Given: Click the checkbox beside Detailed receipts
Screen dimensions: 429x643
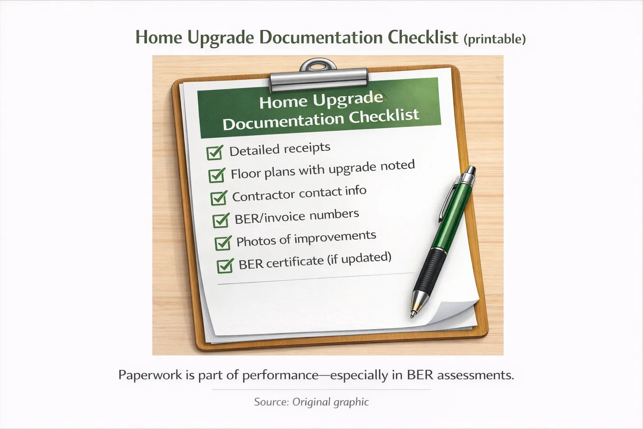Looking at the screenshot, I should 214,153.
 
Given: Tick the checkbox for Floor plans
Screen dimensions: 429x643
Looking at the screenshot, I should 216,175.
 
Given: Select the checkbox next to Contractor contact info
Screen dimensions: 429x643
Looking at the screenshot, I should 219,198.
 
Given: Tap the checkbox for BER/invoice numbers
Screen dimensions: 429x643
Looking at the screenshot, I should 221,220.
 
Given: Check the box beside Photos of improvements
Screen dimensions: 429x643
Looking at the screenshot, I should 223,243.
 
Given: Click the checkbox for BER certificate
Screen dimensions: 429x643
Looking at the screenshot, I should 225,266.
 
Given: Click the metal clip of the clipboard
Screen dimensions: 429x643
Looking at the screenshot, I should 319,78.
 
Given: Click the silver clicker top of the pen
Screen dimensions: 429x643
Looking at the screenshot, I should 471,171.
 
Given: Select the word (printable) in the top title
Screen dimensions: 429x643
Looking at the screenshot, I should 494,39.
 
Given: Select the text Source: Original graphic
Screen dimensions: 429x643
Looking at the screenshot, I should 311,402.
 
